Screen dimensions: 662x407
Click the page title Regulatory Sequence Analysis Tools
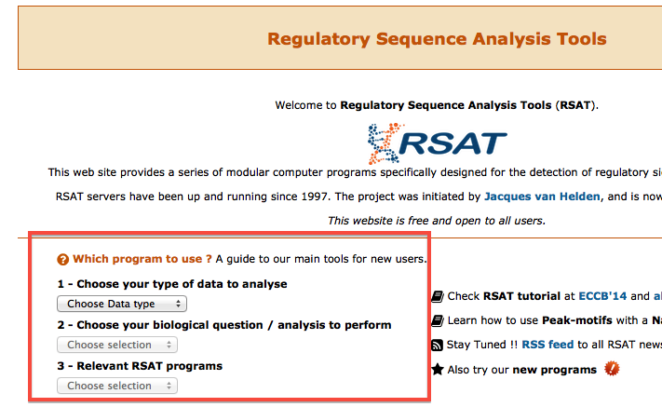tap(437, 39)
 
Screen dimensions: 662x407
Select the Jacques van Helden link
tap(542, 197)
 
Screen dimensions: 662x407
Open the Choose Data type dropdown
tap(122, 304)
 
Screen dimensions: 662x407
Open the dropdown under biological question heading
tap(117, 345)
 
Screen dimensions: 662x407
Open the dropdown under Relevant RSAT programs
tap(117, 386)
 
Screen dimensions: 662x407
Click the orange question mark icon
tap(63, 259)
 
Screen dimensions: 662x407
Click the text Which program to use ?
tap(142, 259)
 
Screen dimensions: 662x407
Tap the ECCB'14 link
tap(602, 296)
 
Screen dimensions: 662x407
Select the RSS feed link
tap(547, 345)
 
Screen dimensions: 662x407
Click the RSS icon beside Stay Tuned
tap(437, 346)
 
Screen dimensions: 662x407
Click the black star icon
tap(438, 370)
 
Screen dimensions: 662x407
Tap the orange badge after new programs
tap(612, 369)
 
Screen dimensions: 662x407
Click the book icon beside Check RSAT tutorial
tap(438, 296)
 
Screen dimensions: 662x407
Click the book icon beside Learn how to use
tap(438, 321)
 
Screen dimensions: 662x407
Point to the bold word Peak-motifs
tap(577, 320)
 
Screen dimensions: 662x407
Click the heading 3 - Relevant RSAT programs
tap(140, 366)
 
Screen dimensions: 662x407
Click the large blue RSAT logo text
tap(453, 143)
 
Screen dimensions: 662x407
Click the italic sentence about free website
tap(437, 221)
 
